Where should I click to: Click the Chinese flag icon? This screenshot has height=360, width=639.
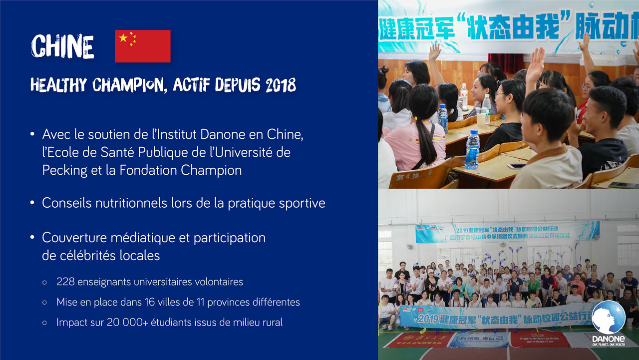(x=143, y=46)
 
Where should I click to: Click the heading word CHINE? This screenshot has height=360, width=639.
(x=62, y=47)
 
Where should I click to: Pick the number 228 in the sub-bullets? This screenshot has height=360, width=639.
(x=65, y=282)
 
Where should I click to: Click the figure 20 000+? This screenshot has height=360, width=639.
(x=129, y=323)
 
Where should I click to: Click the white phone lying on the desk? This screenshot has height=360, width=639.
(x=517, y=166)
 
